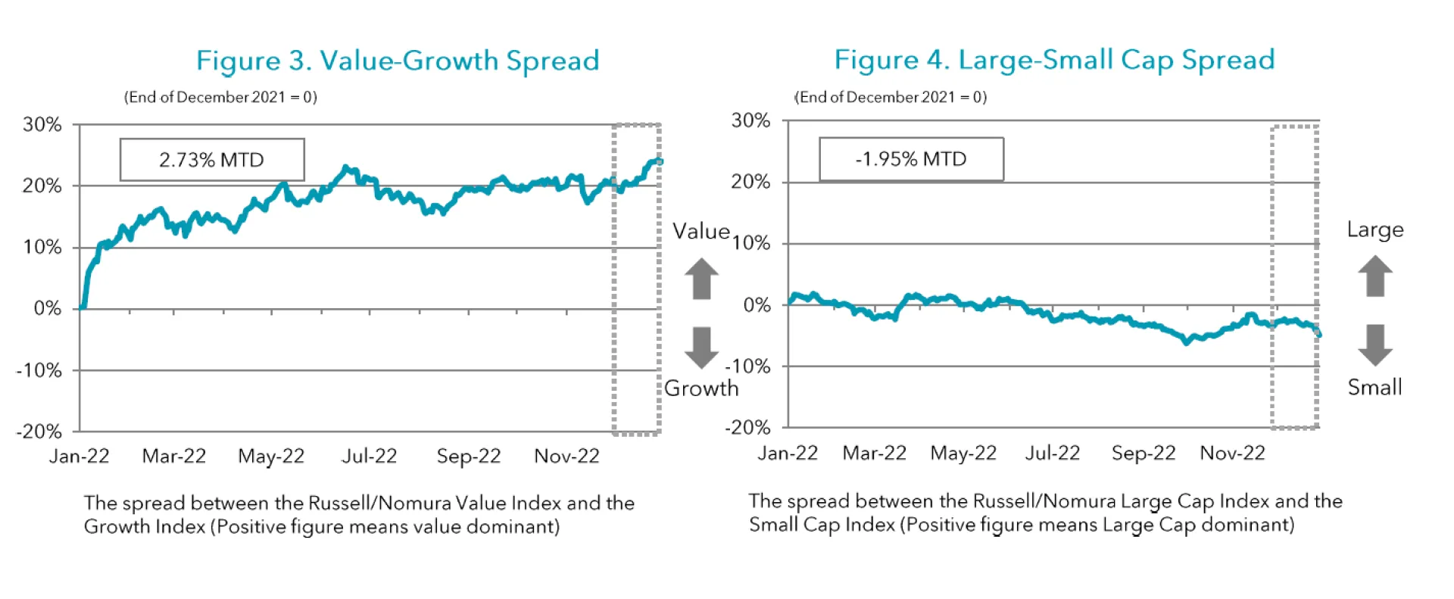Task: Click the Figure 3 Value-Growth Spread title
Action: coord(398,61)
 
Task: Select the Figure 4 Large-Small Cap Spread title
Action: coord(1054,60)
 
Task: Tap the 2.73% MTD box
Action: coord(212,160)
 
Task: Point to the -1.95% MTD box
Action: coord(911,159)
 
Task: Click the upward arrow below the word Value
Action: coord(702,279)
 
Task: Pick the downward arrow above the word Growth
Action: coord(702,348)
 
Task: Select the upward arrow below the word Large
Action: coord(1375,276)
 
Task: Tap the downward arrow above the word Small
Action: coord(1375,345)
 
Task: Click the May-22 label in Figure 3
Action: coord(271,456)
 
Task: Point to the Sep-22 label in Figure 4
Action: coord(1144,453)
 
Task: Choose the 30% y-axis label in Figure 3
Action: coord(42,124)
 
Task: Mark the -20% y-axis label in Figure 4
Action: coord(747,427)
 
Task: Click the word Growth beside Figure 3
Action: coord(701,388)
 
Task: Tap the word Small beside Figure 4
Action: coord(1374,388)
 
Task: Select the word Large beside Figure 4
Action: coord(1374,229)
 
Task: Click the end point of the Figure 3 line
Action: coord(660,161)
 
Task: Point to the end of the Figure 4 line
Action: coord(1319,334)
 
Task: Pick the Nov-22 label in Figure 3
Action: coord(566,456)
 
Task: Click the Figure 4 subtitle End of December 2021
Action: coord(891,97)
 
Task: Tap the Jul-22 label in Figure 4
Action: coord(1053,453)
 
